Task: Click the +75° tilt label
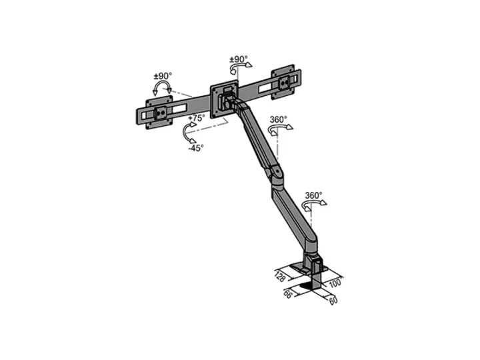(x=196, y=118)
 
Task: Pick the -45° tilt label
(x=195, y=148)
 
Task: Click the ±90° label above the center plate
(x=239, y=59)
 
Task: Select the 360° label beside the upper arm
(x=278, y=119)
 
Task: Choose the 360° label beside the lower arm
(x=313, y=196)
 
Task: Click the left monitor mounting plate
(x=160, y=113)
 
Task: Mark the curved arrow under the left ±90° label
(x=161, y=89)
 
